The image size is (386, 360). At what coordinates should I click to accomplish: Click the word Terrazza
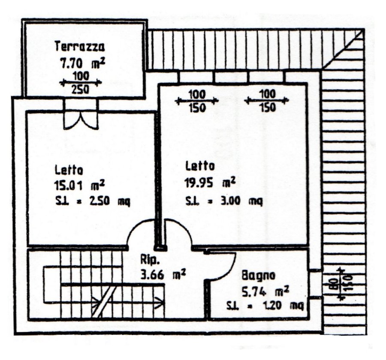(79, 47)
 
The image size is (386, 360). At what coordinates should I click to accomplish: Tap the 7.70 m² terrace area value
(83, 63)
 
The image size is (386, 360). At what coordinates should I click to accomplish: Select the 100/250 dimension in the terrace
(81, 83)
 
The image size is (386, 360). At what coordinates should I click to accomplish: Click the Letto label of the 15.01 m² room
(69, 170)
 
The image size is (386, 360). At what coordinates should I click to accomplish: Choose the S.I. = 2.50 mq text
(92, 201)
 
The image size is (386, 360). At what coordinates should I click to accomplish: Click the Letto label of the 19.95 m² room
(200, 166)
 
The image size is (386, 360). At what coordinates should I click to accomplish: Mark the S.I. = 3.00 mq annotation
(224, 201)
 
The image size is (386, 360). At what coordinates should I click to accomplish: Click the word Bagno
(259, 275)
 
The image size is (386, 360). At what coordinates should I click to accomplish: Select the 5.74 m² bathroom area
(265, 292)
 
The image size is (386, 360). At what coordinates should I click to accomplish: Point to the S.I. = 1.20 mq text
(265, 306)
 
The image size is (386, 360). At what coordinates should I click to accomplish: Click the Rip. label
(149, 259)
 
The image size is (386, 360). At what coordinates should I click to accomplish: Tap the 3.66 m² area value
(163, 275)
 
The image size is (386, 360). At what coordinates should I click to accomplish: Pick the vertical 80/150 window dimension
(341, 284)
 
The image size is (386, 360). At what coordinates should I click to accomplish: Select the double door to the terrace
(81, 120)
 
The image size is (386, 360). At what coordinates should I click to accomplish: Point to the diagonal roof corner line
(343, 48)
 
